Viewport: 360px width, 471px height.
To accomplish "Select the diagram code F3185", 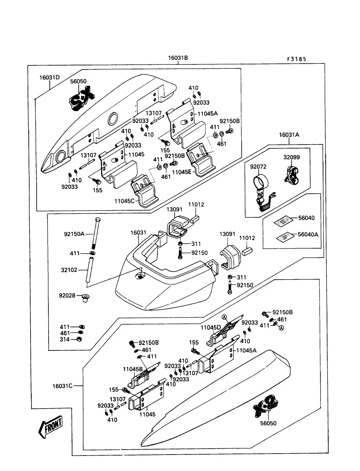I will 296,59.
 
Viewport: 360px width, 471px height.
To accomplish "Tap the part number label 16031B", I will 178,58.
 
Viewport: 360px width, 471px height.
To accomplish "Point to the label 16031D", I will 50,78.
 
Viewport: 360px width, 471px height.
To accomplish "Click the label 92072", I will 258,167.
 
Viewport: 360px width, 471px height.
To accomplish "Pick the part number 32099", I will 292,157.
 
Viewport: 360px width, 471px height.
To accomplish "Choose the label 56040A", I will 308,235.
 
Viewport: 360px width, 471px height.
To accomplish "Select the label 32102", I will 69,270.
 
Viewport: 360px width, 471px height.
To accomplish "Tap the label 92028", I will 67,296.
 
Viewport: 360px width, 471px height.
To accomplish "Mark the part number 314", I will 65,339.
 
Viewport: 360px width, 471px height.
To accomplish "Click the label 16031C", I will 62,386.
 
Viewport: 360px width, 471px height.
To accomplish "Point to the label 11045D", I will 211,327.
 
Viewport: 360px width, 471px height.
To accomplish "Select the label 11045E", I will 182,172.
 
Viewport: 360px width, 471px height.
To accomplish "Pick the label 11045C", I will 124,201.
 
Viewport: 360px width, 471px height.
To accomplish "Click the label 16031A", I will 289,135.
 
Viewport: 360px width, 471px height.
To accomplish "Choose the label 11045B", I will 133,369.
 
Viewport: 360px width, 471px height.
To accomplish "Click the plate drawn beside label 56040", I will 283,220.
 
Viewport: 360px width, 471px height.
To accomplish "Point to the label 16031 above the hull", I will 138,233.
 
